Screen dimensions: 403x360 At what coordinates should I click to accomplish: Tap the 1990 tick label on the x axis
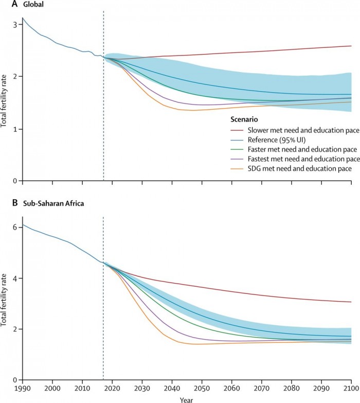tap(22, 388)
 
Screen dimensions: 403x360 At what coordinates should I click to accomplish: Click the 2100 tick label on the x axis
tap(351, 388)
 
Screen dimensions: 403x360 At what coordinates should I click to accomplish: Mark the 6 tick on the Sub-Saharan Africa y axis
tap(16, 227)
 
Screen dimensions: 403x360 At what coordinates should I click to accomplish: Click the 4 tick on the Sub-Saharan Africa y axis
tap(16, 278)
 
